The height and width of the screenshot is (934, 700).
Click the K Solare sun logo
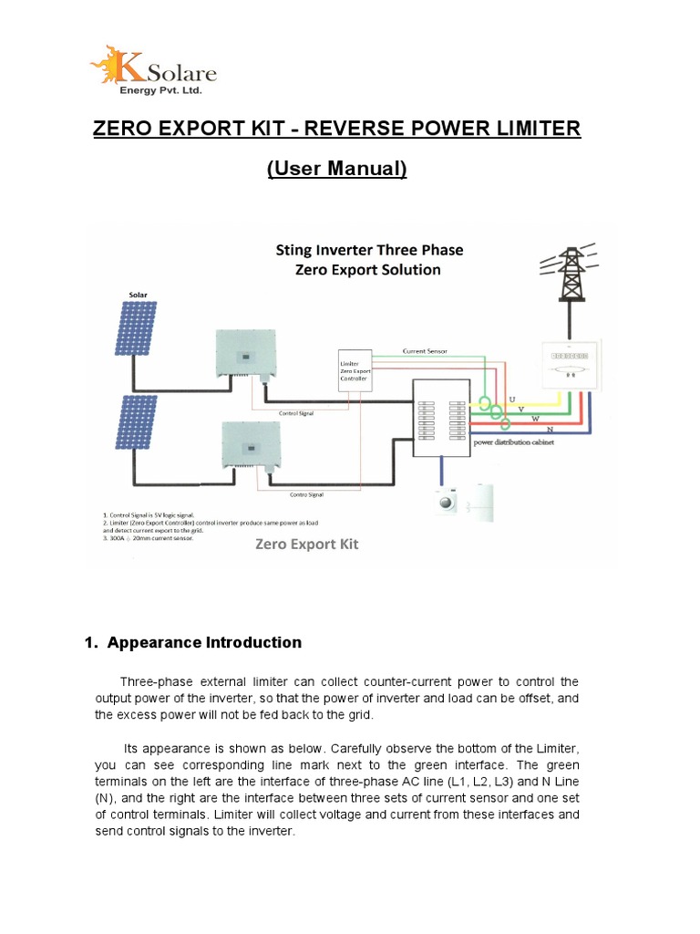[x=108, y=67]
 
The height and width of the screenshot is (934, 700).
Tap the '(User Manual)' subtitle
[x=336, y=170]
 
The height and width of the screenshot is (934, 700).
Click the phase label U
[x=510, y=400]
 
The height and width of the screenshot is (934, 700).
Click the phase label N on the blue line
[x=550, y=428]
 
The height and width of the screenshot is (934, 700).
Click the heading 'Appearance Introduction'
[x=203, y=642]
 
